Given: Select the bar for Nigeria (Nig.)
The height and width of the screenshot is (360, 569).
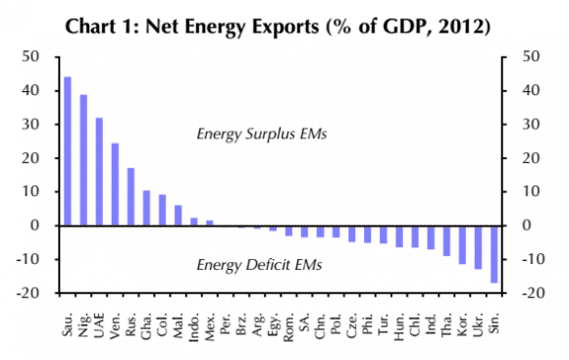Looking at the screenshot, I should pos(83,160).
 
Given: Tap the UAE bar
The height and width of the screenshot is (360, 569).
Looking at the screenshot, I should pos(99,172).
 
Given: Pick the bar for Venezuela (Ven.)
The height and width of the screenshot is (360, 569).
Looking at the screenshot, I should pos(115,184).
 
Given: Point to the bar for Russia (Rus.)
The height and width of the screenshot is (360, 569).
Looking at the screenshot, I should pos(130,196).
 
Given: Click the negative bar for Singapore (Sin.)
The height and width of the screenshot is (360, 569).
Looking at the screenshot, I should pos(493,254).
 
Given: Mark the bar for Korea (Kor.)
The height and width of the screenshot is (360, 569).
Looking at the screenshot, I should pos(462,245).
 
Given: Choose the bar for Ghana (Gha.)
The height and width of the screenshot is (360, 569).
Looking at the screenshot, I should pos(146,208).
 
